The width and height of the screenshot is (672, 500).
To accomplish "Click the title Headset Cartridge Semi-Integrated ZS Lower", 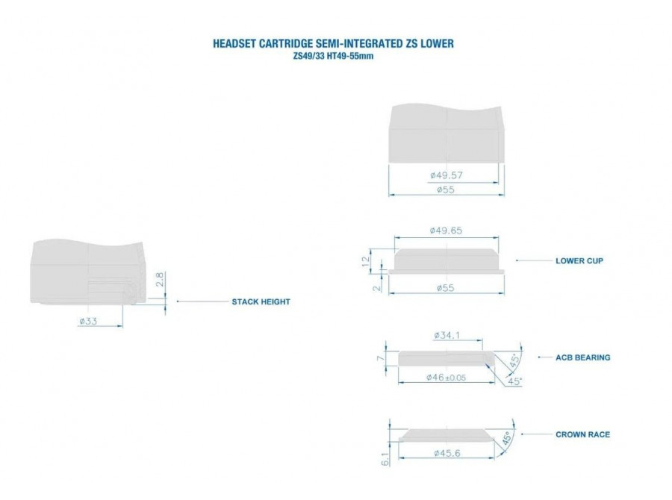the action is coord(333,43).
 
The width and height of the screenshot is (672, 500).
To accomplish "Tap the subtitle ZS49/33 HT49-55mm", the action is coord(333,56).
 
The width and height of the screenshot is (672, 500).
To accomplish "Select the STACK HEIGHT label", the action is coord(261,301).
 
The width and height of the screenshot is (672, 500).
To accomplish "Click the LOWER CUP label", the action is coord(579,260).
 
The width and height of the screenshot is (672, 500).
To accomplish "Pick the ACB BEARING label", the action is coord(583,357).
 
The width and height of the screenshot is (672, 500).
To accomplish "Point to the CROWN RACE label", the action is coord(582,434).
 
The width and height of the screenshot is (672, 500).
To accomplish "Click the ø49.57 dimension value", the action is coord(447,175).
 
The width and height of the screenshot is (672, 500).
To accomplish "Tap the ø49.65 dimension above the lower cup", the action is coord(447,231).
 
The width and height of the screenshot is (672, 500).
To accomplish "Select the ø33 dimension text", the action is coord(88,321).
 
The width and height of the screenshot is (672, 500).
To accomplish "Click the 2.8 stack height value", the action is coord(160,279).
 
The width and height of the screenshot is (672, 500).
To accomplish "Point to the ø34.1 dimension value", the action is coord(447,335).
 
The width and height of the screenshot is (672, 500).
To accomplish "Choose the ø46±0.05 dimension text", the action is coord(447,378).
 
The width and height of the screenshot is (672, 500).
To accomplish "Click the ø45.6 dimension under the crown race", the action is coord(447,453).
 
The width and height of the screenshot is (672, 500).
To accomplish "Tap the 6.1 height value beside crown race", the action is coord(385,459).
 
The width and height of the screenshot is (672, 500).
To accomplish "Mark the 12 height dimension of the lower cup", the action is coord(366,261).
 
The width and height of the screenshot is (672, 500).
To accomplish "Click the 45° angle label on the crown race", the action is coord(506,438).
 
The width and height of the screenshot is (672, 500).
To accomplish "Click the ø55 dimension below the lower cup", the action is coord(446,288).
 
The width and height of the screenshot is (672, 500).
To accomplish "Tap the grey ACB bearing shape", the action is coord(446,359).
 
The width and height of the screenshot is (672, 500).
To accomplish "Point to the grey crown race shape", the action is coord(447,435).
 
